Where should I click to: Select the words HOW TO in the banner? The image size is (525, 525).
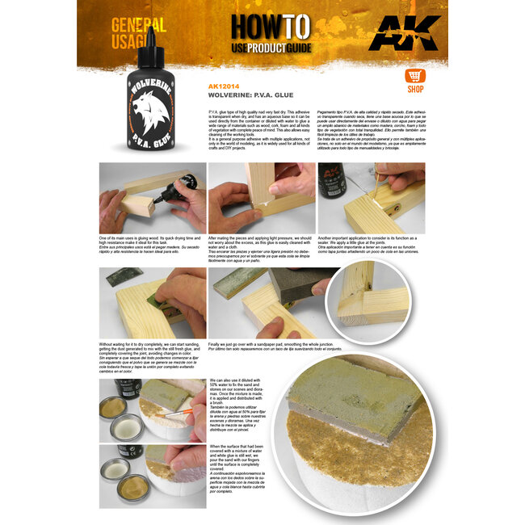point(263,27)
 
